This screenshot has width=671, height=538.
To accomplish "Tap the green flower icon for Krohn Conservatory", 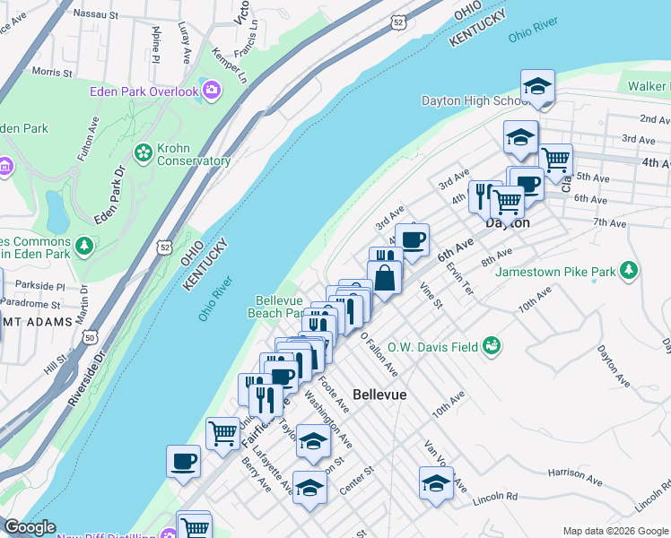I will pos(143,153).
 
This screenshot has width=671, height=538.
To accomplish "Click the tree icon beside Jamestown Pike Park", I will pos(629,270).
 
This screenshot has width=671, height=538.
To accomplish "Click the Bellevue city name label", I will pos(379,395).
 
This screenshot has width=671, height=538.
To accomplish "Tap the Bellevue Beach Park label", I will pos(279,307).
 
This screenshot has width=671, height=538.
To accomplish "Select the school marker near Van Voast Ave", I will pos(436,482).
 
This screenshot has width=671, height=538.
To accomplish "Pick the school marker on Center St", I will pos(309,487).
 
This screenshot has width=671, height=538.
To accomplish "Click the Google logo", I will pos(30,527).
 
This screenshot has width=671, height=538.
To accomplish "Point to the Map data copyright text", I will pos(614,531).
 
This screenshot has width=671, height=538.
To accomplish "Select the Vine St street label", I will pos(431,295).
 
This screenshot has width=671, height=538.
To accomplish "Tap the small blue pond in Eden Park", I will pos(57,211).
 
